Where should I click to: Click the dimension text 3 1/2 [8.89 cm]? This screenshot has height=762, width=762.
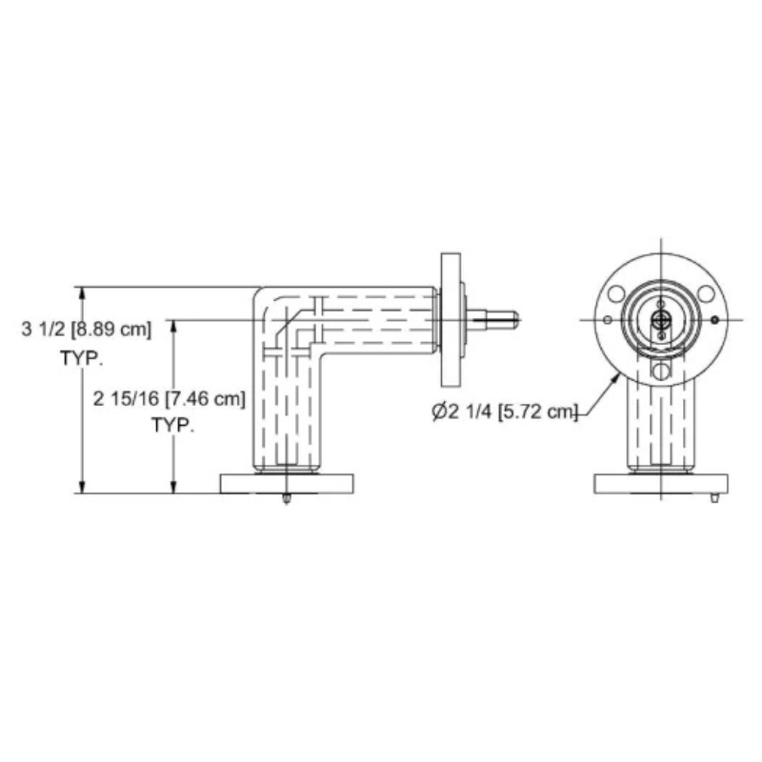point(87,330)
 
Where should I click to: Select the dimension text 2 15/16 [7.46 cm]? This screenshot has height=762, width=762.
point(170,399)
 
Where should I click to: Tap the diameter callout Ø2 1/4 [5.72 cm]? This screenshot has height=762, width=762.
point(505,412)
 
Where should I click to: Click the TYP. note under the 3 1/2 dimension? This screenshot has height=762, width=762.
point(82,358)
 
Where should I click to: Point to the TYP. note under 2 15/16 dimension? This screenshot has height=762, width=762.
point(173,425)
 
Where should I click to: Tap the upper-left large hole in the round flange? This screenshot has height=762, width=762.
point(616,294)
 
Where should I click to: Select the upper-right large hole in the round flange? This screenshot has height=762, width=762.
point(706,293)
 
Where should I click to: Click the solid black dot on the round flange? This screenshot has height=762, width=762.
point(714,320)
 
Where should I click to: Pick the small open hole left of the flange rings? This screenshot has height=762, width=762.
point(608,320)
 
